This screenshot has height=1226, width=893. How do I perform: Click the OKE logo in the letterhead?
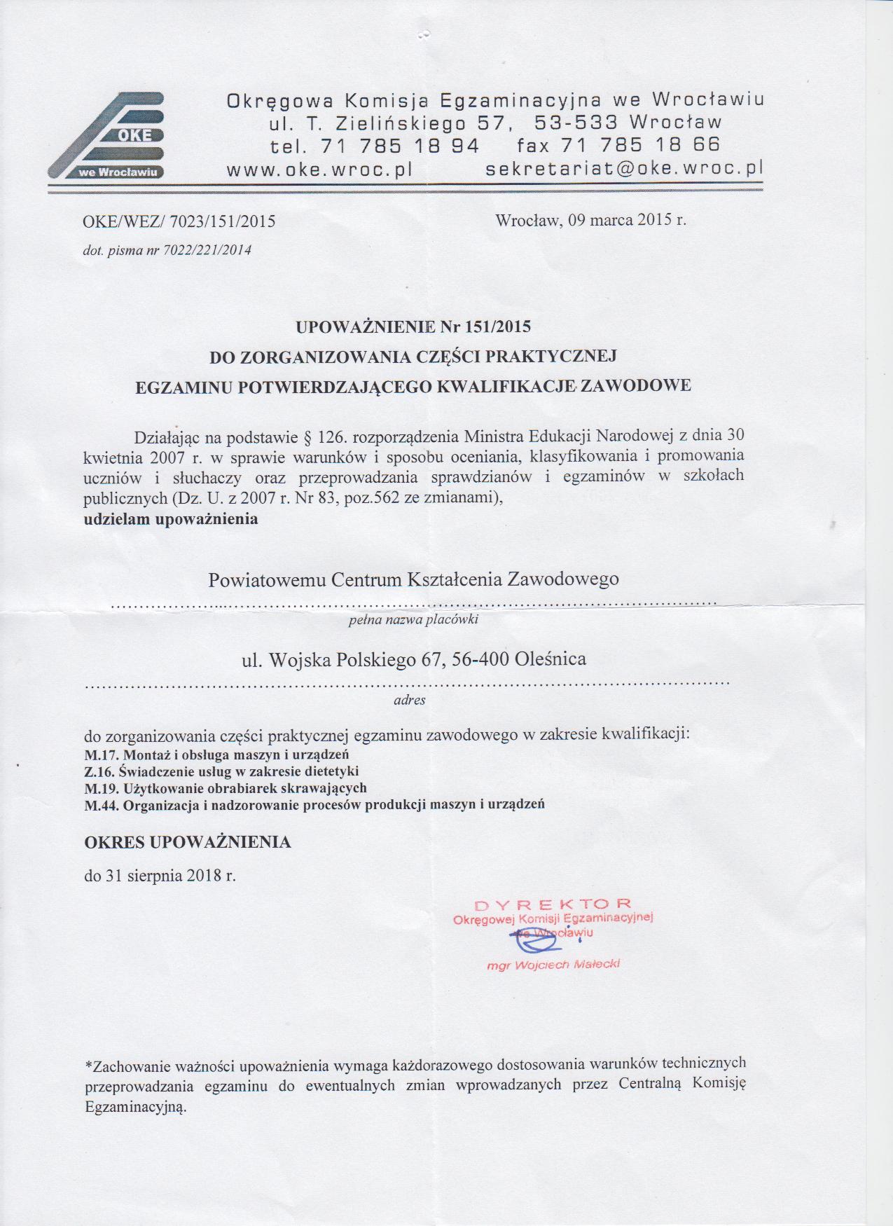pos(106,136)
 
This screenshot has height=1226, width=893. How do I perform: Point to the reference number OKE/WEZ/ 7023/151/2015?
pos(179,222)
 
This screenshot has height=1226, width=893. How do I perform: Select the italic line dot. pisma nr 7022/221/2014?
pos(167,250)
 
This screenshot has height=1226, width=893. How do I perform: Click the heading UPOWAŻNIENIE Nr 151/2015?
pos(413,326)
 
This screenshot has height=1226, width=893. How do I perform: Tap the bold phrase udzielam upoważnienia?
pos(170,519)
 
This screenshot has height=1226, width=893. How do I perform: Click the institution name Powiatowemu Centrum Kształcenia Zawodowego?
pos(413,579)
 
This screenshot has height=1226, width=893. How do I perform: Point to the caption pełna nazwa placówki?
pos(413,619)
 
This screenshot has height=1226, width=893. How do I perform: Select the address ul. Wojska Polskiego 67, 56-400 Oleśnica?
pos(413,659)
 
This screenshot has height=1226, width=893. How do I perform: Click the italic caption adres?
pos(410,699)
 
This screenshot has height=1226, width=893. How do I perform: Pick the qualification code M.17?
pos(102,755)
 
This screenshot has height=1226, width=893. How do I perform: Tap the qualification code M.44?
pos(102,805)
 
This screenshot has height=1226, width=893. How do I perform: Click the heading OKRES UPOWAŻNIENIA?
pos(187,842)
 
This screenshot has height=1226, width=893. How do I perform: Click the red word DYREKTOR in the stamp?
pos(553,904)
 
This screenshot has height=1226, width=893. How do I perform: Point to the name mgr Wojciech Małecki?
pos(553,965)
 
